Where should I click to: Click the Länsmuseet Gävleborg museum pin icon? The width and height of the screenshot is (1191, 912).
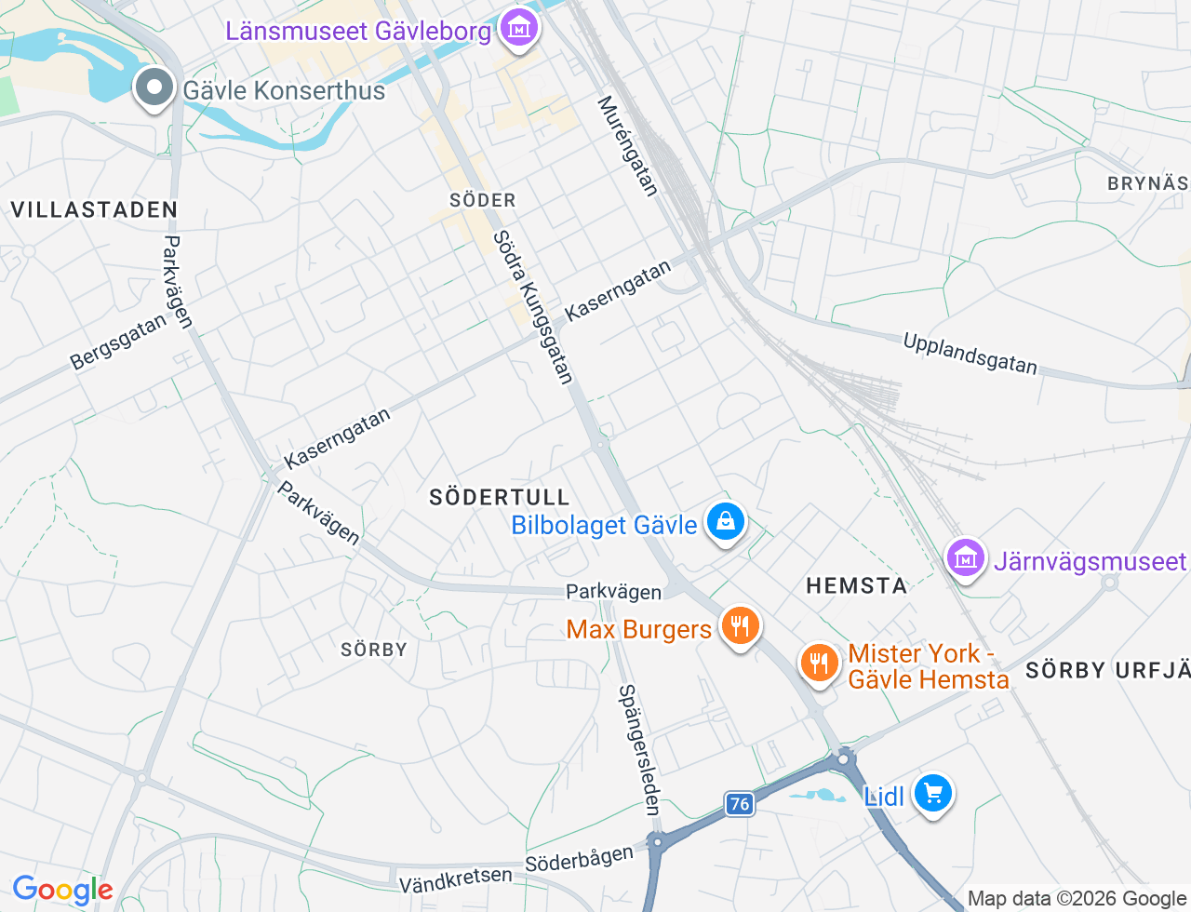519,28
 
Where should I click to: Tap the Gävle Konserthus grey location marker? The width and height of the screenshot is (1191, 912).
154,88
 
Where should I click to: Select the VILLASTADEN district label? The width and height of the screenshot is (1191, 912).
94,209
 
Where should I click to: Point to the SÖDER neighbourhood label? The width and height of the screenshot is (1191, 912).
482,200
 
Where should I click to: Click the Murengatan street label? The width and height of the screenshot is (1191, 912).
627,146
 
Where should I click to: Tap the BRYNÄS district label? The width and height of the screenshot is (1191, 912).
1147,183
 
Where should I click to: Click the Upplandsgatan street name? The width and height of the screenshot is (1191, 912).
970,355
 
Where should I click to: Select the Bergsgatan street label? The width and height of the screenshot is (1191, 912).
119,342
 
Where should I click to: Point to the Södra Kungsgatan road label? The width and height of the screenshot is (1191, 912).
532,307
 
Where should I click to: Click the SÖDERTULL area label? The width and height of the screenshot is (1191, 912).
499,497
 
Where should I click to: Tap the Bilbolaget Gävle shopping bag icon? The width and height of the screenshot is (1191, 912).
725,522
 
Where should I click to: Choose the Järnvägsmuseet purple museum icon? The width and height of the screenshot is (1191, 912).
966,558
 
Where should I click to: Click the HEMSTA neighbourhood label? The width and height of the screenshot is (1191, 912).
856,585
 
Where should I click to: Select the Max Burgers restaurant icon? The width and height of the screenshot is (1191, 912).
740,625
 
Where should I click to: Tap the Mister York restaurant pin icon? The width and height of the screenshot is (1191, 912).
819,664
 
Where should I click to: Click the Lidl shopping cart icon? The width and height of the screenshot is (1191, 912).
932,794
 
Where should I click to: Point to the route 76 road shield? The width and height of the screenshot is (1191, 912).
740,804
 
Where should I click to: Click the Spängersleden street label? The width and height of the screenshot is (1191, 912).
640,750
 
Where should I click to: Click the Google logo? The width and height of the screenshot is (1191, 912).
62,891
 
